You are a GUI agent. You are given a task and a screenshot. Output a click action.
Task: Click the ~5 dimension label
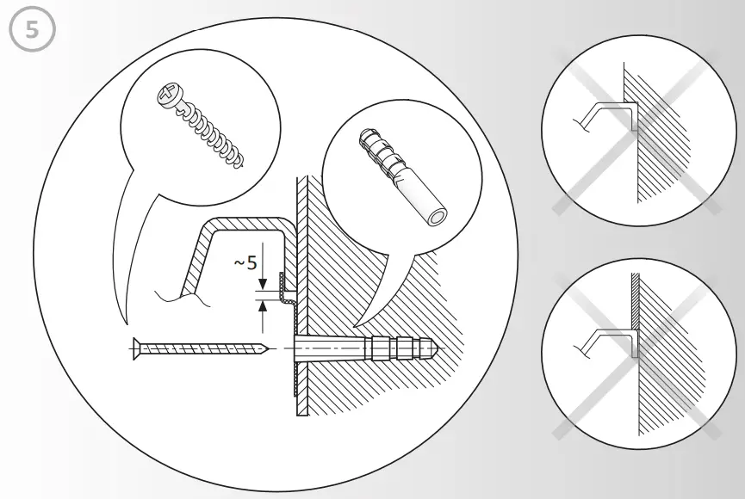(x=245, y=262)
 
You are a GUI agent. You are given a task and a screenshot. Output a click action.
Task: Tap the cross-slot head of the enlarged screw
(x=166, y=96)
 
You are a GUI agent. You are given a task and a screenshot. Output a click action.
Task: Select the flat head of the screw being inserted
(x=136, y=348)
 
